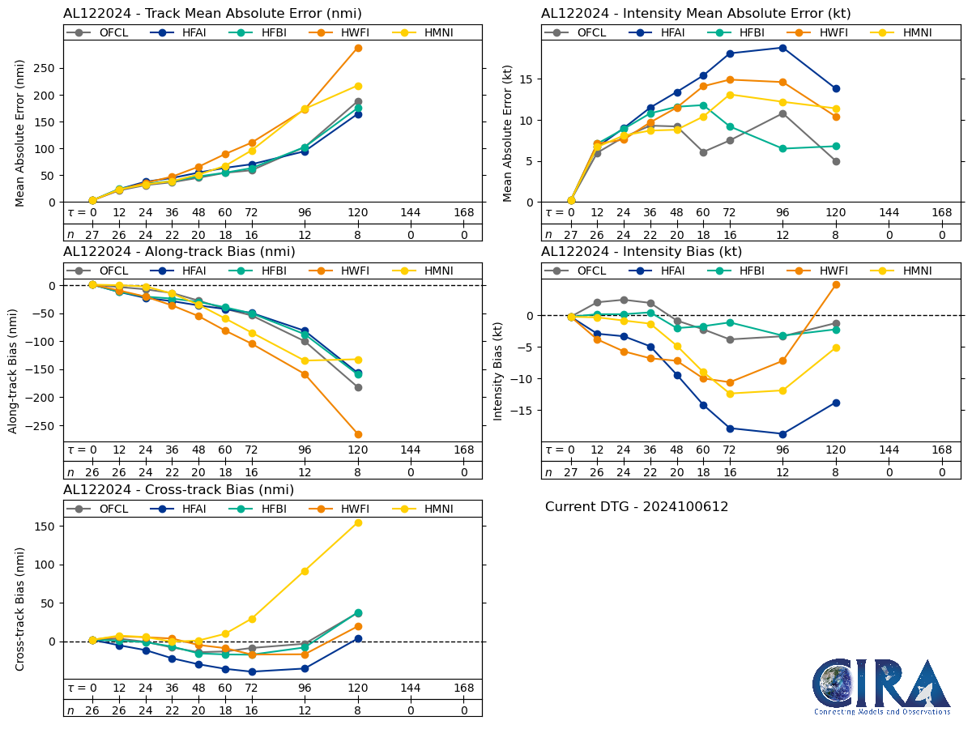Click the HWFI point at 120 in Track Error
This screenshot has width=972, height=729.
(x=358, y=48)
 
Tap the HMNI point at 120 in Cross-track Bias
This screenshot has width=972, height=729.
(x=358, y=522)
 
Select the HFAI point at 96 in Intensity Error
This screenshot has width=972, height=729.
(x=782, y=48)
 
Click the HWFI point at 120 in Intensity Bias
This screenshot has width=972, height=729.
(x=836, y=284)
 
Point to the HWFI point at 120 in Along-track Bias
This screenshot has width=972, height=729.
(x=358, y=434)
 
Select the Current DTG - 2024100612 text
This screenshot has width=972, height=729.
(x=637, y=507)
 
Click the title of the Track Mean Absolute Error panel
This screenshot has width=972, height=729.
(x=212, y=14)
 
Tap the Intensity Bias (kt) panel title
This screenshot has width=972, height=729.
(x=642, y=251)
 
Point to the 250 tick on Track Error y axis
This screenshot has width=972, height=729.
(x=47, y=68)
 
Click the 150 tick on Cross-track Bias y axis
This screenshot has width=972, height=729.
(x=47, y=526)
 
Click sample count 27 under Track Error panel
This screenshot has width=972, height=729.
(x=92, y=235)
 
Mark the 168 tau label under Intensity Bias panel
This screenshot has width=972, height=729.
(x=941, y=450)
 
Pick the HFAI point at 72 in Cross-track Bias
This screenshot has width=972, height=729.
(x=252, y=671)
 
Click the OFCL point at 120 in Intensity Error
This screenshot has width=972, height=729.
(x=836, y=161)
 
